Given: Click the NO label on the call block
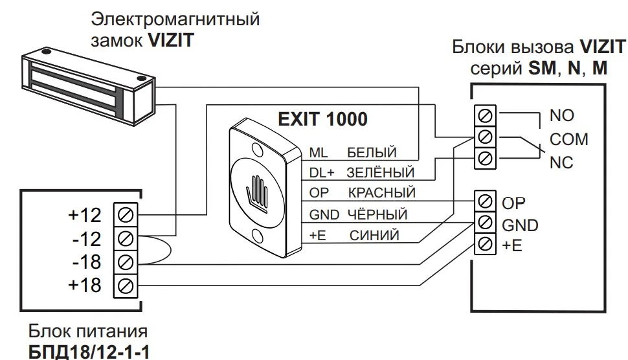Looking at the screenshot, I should [x=561, y=116].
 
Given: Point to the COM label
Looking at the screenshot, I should [x=568, y=139].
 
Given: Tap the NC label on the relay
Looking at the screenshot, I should [x=561, y=163].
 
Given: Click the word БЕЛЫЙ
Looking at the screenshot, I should [x=371, y=153].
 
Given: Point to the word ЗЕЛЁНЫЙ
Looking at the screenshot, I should [x=380, y=174].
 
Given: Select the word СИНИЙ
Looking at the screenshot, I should [x=374, y=235].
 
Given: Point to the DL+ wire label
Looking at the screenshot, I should [x=322, y=174].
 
